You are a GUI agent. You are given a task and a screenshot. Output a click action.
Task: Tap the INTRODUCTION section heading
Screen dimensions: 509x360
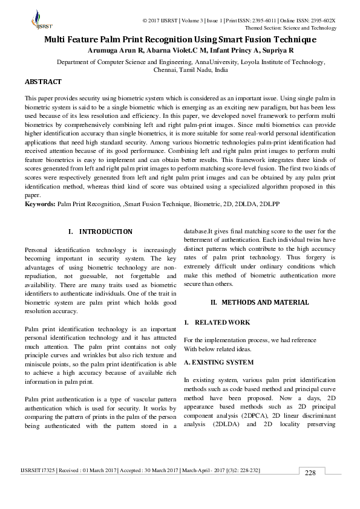[x=106, y=232]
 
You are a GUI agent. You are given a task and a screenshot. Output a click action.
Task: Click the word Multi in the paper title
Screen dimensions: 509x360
[x=57, y=39]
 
